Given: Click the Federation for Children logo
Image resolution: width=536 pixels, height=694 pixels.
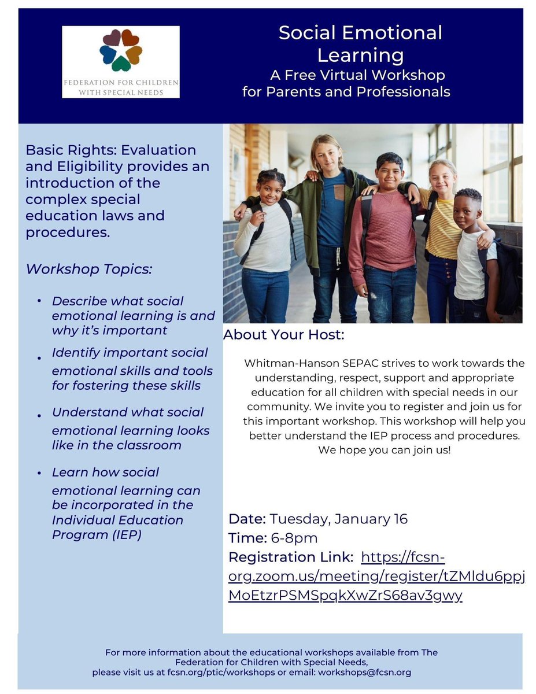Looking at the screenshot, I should pos(120,61).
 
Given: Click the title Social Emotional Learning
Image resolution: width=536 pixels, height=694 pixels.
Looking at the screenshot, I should pos(360,44).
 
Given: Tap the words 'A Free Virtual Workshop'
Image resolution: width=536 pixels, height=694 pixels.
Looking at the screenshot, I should pos(357,75).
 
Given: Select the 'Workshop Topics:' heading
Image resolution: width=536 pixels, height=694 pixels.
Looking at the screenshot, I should pos(88,270).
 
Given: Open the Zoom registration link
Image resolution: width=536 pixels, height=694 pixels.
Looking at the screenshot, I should pos(376,576).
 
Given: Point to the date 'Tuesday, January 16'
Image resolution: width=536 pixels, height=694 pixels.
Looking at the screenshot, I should pos(338,519).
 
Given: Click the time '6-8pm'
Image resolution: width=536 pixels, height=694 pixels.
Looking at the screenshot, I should pos(293,538).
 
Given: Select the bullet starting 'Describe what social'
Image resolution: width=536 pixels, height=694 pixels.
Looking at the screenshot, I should pos(133,316).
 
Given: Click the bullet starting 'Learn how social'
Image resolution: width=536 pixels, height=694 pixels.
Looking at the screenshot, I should pos(126,503).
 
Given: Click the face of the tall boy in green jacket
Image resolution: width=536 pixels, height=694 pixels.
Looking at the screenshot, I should pos(327,154).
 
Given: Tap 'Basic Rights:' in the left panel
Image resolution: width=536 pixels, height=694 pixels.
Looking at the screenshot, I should pos(64,150).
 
